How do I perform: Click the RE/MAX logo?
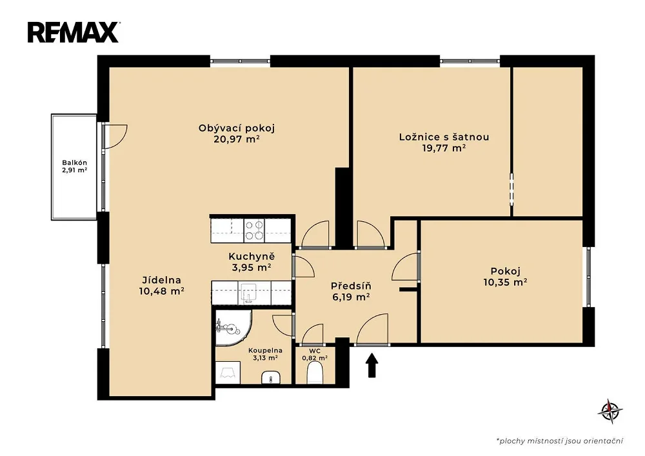point(74,32)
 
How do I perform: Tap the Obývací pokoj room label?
point(237,128)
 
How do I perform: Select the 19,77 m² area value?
point(444,148)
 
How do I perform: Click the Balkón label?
point(74,163)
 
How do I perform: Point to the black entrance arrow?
point(372,365)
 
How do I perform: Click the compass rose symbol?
point(610,411)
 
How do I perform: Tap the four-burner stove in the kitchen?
point(253,230)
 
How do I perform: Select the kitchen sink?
point(248,292)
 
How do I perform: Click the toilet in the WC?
point(315,373)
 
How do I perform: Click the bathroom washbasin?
point(271,377)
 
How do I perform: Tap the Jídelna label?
point(162,281)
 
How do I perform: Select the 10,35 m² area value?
point(506,283)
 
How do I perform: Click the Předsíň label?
point(352,286)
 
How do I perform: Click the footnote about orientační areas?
point(560,441)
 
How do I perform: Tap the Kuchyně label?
point(252,257)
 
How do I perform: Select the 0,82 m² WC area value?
point(315,358)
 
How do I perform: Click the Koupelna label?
point(265,351)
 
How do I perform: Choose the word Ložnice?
point(416,137)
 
